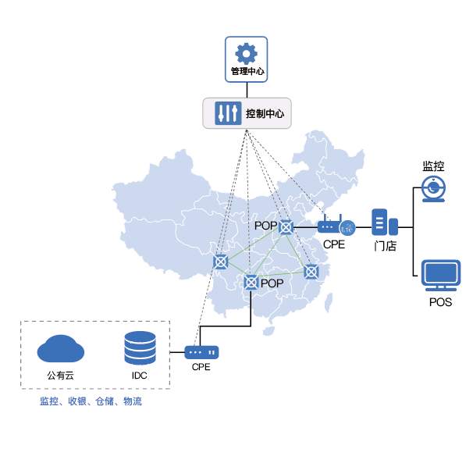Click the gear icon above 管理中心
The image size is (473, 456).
click(246, 53)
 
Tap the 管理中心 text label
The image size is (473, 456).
click(247, 72)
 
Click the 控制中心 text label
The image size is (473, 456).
click(265, 113)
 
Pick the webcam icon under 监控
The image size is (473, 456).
click(433, 190)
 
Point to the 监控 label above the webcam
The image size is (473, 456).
click(433, 166)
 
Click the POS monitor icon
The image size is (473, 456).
click(440, 276)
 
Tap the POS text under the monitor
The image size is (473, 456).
click(440, 302)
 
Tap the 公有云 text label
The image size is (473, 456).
click(61, 376)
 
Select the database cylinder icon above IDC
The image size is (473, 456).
click(140, 347)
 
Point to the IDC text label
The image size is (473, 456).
click(140, 376)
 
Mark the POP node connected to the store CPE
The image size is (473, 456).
click(286, 227)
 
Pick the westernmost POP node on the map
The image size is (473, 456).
click(222, 262)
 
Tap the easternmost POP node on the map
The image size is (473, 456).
click(311, 272)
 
